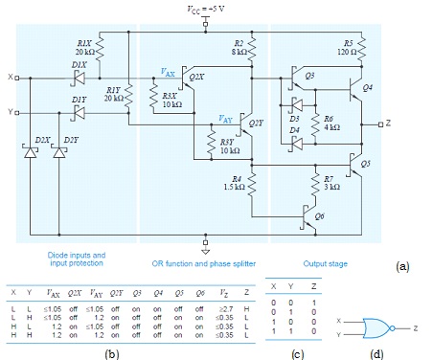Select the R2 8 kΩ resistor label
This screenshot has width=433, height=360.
(239, 48)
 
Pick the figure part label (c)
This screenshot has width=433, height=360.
(297, 352)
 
